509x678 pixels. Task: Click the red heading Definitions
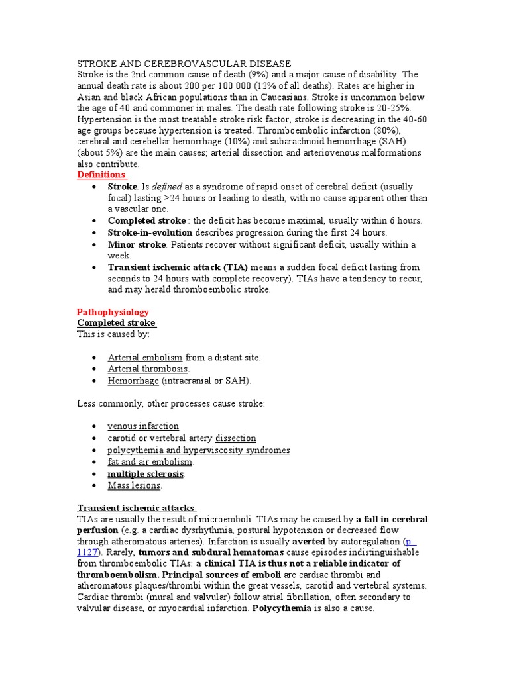(101, 175)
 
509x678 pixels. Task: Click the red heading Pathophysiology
(113, 312)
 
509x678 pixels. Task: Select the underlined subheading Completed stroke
(117, 323)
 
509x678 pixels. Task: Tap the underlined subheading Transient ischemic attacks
(136, 508)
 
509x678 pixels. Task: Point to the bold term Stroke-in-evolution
(150, 233)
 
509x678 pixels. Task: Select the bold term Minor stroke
(135, 244)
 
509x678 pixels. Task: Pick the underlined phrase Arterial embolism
(144, 358)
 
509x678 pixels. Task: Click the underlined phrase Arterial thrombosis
(148, 369)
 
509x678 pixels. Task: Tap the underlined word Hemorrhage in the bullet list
(133, 381)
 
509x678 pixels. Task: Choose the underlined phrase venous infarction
(143, 426)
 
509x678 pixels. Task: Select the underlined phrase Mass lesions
(134, 485)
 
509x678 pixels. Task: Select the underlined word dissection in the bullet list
(235, 438)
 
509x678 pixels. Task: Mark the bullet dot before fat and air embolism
(95, 462)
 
